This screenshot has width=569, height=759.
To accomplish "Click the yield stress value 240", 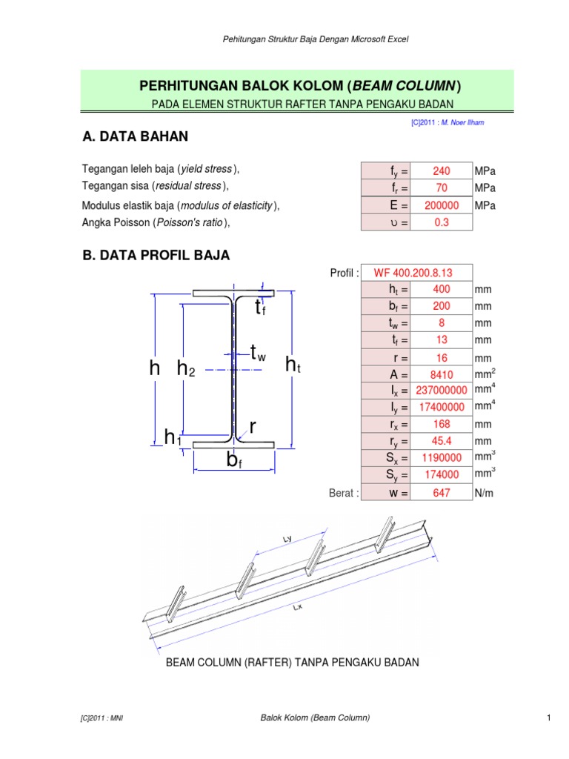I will (x=441, y=171).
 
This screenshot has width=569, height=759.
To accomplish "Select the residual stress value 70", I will (x=441, y=188).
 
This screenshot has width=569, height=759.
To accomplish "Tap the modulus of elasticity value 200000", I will (x=441, y=205).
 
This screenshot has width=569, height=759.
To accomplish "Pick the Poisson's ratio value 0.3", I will (x=441, y=222).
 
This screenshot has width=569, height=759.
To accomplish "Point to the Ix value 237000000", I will (x=441, y=391).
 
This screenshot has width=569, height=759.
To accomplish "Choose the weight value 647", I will (x=441, y=493).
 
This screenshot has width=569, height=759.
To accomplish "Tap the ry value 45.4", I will (x=441, y=442).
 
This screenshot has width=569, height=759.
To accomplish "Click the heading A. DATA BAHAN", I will (x=135, y=136).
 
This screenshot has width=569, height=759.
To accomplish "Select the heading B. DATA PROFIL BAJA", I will (x=156, y=256).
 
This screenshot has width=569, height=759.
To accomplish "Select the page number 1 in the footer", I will (x=548, y=717).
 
